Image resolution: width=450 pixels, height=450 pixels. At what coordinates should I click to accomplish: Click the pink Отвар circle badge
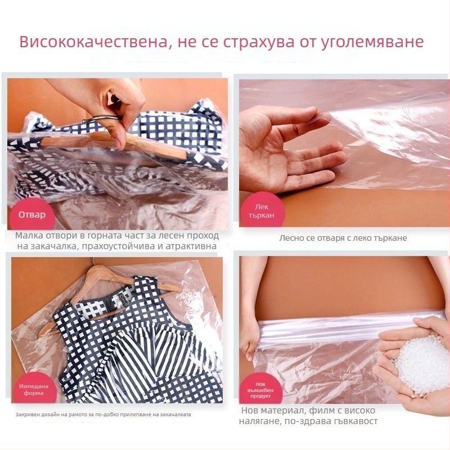tap(32, 215)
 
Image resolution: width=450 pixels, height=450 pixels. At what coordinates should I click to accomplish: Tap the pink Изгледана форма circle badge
tap(34, 390)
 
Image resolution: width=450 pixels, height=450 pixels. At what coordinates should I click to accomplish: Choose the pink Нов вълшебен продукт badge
tap(260, 388)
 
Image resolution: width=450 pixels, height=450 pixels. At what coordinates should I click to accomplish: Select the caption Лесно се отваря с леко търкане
tap(343, 238)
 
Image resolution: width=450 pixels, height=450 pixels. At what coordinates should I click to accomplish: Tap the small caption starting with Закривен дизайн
tap(103, 415)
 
